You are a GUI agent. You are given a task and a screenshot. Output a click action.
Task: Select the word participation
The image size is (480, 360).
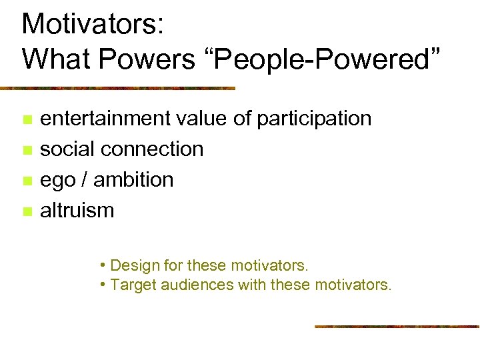point(314,119)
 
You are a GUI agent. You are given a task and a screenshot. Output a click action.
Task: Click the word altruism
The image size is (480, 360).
point(77,211)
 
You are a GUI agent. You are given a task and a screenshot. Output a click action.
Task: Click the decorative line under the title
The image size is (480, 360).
point(117,88)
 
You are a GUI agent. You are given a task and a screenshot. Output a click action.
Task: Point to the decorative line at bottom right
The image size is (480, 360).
point(397,326)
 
